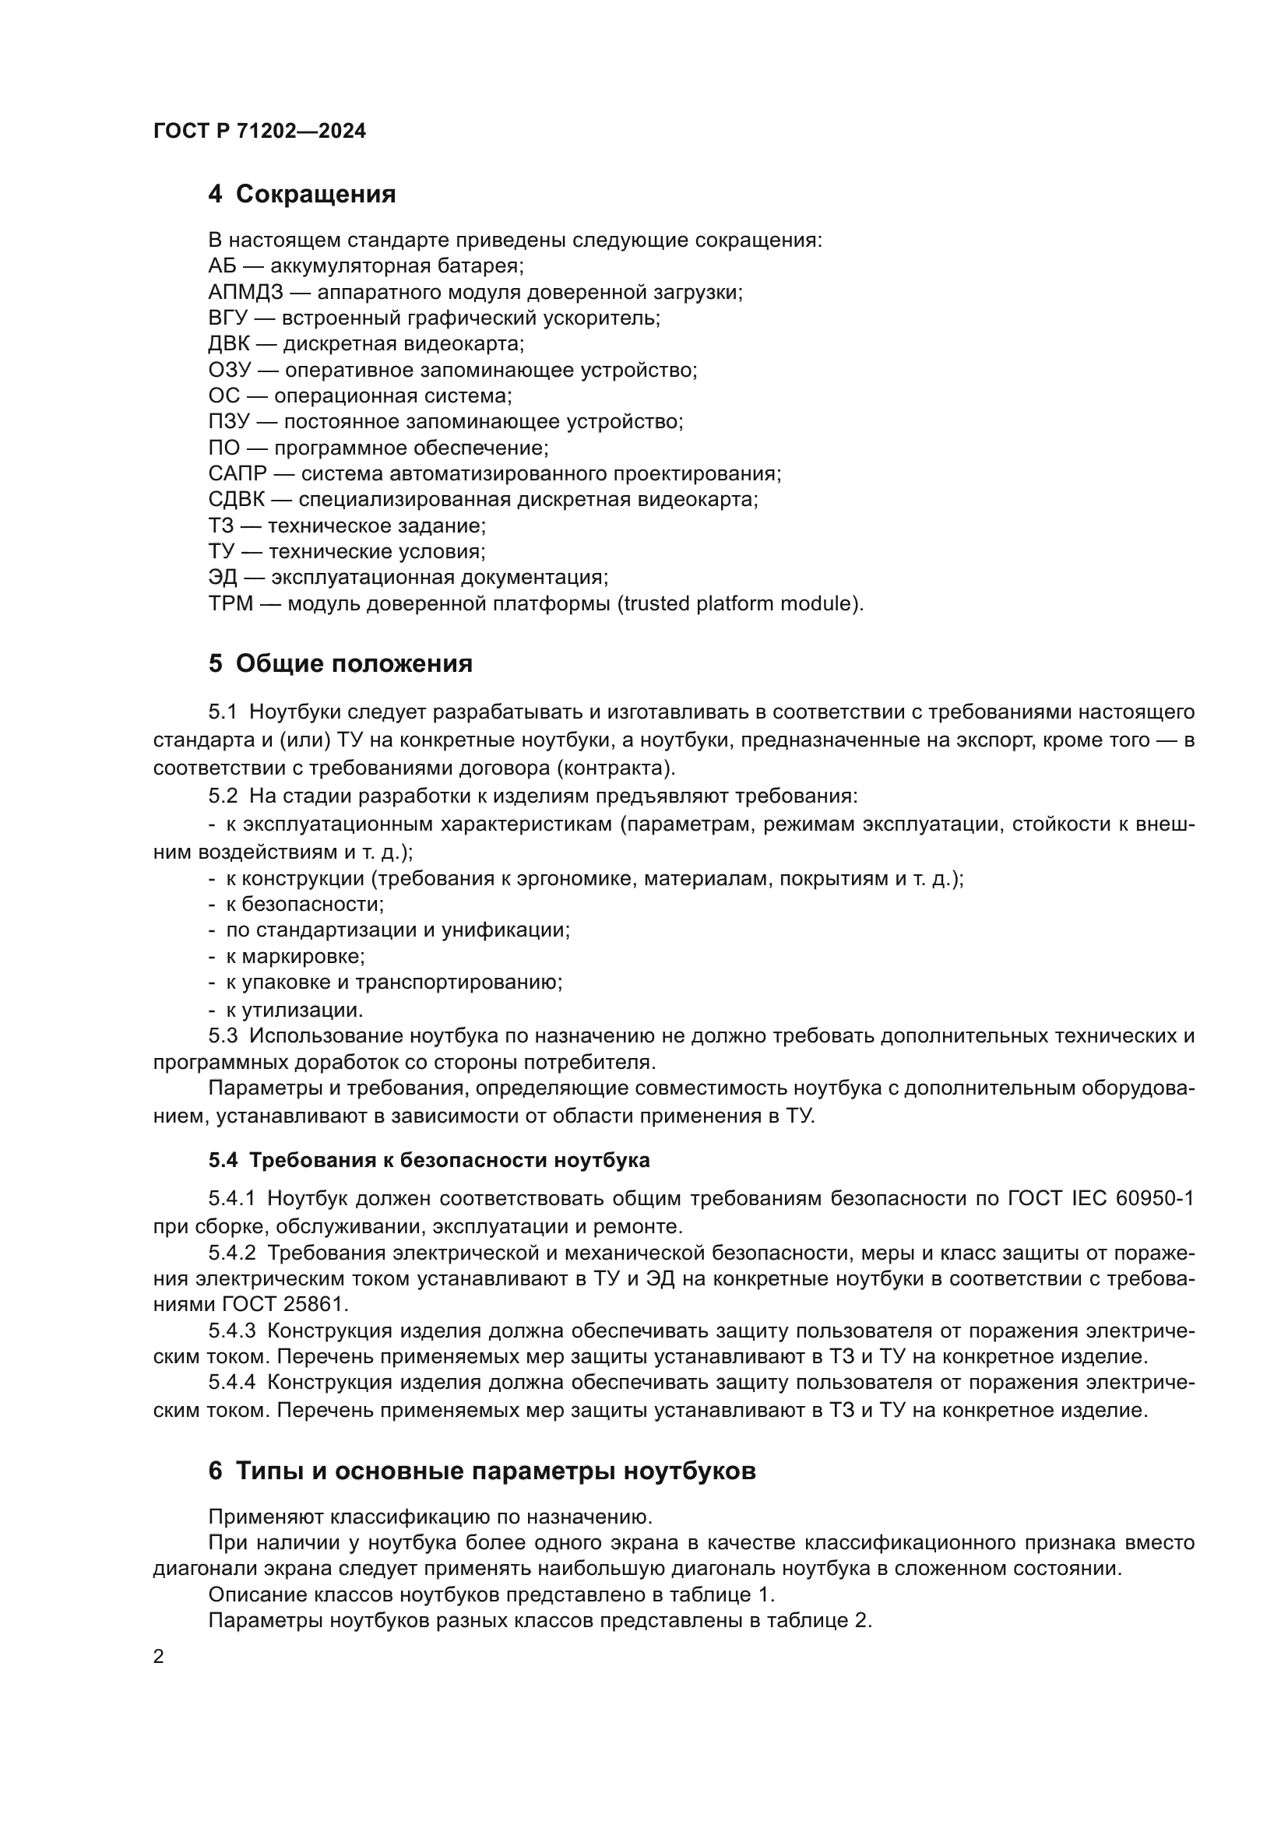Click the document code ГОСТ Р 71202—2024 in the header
[x=259, y=131]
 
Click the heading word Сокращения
[x=315, y=194]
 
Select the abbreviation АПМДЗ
[x=245, y=292]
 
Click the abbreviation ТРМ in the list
[x=230, y=603]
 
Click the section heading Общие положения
[x=354, y=663]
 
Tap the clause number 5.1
[x=223, y=712]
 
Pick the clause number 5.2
[x=223, y=796]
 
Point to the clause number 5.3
[x=223, y=1035]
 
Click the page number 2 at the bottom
[x=159, y=1657]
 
